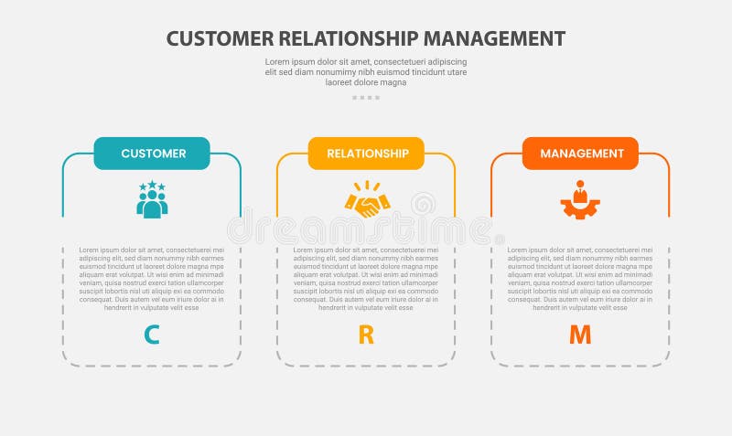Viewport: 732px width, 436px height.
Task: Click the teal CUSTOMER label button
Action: click(x=152, y=154)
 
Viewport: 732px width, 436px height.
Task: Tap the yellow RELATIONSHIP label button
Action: click(x=366, y=154)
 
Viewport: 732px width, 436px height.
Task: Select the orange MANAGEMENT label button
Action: click(x=580, y=154)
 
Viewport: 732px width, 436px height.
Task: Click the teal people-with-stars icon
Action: click(x=152, y=200)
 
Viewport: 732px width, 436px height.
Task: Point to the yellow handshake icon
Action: click(x=367, y=202)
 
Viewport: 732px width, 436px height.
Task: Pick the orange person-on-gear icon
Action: click(x=580, y=201)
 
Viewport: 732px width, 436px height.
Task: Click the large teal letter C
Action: click(x=152, y=335)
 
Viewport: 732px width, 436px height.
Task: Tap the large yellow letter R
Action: click(x=366, y=335)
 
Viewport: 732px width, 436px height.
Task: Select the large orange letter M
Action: click(x=580, y=335)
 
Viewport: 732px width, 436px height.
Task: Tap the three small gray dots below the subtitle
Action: click(x=366, y=97)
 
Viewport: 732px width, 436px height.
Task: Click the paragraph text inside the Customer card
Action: click(x=152, y=278)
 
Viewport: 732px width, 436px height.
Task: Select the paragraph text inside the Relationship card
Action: click(x=366, y=278)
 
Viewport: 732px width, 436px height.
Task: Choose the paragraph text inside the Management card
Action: click(x=580, y=278)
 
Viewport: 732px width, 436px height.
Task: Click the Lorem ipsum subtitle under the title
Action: click(x=366, y=71)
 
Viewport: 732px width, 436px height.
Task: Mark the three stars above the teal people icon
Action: click(x=152, y=186)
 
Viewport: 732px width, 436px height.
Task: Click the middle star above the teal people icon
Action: click(x=152, y=184)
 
